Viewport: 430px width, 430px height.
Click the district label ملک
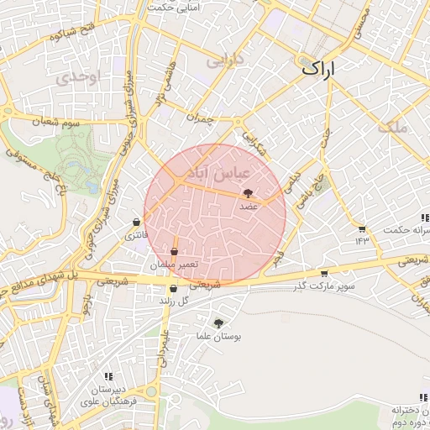tap(392, 128)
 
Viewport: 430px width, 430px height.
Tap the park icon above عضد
tap(247, 194)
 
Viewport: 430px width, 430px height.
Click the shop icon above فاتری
tap(136, 223)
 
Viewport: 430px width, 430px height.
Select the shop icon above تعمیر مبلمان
tap(174, 251)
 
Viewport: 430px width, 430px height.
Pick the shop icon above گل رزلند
tap(173, 289)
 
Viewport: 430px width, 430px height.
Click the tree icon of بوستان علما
tap(219, 322)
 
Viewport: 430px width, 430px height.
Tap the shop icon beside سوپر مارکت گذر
tap(324, 273)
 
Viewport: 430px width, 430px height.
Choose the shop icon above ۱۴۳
tap(361, 228)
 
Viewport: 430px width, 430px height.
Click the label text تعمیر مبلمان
tap(175, 265)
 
